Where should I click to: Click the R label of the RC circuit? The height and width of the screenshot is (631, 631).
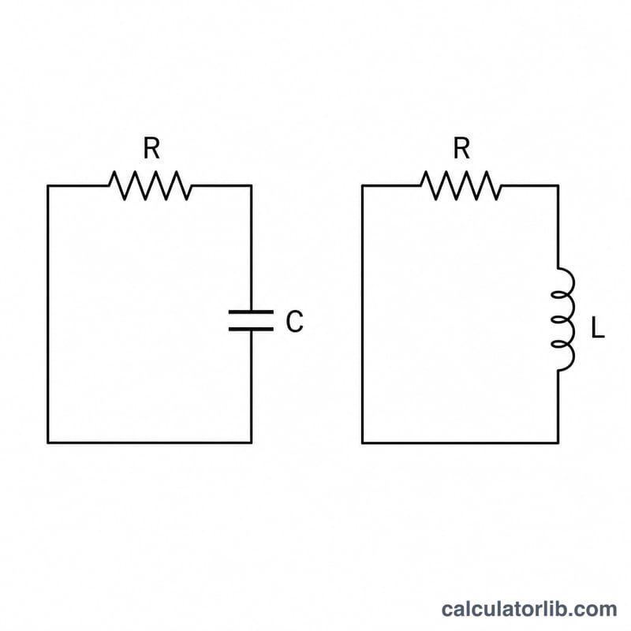coord(151,148)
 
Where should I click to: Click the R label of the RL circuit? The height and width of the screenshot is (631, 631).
coord(461,148)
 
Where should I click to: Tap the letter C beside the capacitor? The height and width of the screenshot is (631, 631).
coord(294,321)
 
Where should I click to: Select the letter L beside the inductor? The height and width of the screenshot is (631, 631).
coord(598,327)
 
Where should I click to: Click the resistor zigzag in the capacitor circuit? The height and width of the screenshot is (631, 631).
coord(150,185)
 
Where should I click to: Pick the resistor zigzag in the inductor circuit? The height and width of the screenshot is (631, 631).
coord(461,185)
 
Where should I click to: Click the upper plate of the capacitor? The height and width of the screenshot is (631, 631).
coord(251,312)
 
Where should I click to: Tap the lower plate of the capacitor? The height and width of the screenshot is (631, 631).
coord(251,329)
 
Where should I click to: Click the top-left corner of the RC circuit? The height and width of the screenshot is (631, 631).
coord(48,185)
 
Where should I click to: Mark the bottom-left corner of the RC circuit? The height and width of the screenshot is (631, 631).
coord(48,443)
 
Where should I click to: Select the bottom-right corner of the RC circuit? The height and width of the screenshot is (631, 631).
coord(252,443)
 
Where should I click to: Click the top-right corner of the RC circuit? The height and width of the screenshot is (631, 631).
coord(252,185)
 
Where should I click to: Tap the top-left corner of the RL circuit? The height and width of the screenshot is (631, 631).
coord(362,185)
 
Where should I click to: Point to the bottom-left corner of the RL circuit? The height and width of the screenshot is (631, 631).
coord(362,443)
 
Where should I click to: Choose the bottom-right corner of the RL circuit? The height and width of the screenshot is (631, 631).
coord(558,443)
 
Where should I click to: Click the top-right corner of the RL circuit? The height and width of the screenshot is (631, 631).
coord(558,185)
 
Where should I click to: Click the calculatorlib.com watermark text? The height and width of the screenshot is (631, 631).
coord(528,609)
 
